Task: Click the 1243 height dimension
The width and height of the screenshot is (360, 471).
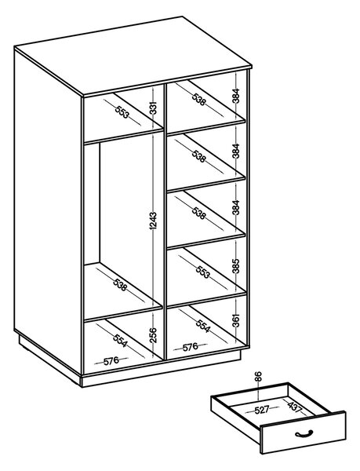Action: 153,221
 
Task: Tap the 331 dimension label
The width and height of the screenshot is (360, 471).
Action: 153,108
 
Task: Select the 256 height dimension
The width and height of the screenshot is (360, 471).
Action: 153,334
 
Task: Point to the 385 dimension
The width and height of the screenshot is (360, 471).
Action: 236,266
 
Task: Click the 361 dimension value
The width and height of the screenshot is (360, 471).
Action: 236,320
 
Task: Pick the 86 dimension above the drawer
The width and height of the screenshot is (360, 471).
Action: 259,377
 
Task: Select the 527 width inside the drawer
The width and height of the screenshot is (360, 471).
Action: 262,410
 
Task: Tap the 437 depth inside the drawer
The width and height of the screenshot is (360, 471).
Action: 294,406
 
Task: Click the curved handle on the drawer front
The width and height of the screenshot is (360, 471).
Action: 304,433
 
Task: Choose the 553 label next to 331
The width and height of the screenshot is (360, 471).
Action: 122,111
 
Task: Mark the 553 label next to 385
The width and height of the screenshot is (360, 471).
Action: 203,272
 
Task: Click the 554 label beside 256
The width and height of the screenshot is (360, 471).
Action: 120,341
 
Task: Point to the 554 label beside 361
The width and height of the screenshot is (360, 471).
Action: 203,326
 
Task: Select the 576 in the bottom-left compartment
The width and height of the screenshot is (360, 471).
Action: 111,361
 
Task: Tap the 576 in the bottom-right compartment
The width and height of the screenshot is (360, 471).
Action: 191,347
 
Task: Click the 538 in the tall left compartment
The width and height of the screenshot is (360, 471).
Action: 120,285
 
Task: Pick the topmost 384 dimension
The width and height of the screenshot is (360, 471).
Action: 236,96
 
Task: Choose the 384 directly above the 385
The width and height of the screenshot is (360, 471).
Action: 236,207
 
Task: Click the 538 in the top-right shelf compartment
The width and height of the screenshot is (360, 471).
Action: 199,100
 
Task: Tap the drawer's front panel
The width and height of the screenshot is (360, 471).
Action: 303,433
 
